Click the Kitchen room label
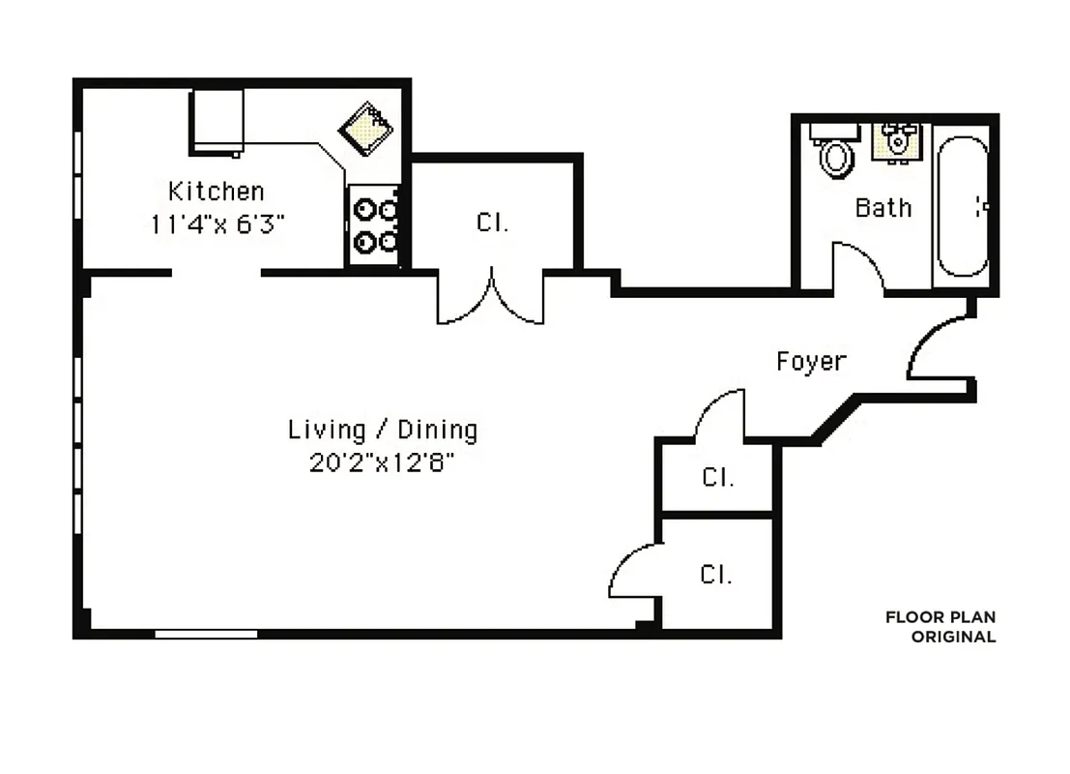click(216, 191)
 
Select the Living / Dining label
click(383, 430)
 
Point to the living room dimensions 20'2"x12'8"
click(383, 462)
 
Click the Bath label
click(882, 208)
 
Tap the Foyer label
click(811, 362)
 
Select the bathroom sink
click(898, 141)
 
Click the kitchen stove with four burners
click(373, 224)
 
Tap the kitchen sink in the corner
click(367, 128)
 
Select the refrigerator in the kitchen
click(217, 121)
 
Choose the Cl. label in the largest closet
click(492, 223)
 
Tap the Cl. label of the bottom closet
click(715, 575)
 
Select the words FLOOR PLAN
click(940, 617)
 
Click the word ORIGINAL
click(953, 637)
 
